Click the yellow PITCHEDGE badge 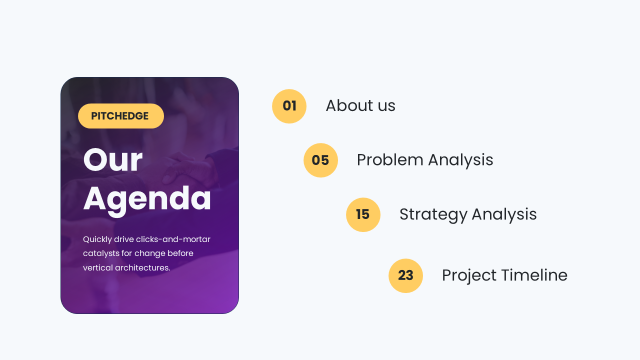[120, 116]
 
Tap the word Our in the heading [112, 160]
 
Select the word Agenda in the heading [147, 199]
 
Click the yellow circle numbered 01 [289, 106]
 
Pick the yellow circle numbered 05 [320, 160]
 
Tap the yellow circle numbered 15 [363, 214]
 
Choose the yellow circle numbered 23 [405, 275]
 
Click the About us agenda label [360, 105]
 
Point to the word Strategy [433, 214]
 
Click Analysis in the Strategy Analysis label [504, 214]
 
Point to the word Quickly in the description [97, 239]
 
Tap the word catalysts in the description [101, 253]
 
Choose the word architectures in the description [142, 267]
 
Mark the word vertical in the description [97, 267]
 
